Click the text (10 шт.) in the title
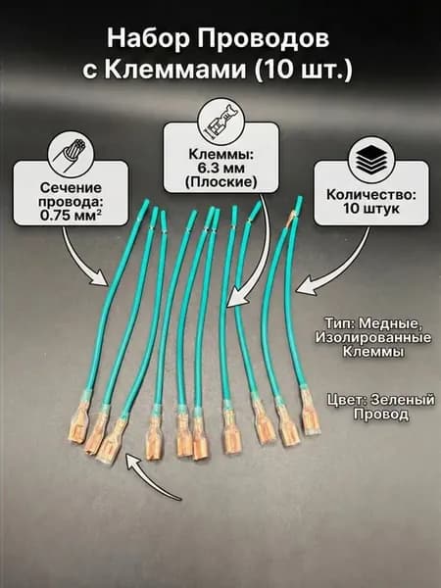tap(303, 70)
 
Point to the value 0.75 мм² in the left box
tap(72, 215)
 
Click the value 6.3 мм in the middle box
tap(221, 168)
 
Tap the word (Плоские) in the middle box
tap(221, 182)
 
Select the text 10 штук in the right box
tap(371, 208)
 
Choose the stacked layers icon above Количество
tap(371, 160)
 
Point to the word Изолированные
tap(373, 337)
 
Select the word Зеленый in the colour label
tap(403, 400)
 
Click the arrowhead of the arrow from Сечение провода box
tap(100, 278)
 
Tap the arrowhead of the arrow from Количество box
tap(304, 286)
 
